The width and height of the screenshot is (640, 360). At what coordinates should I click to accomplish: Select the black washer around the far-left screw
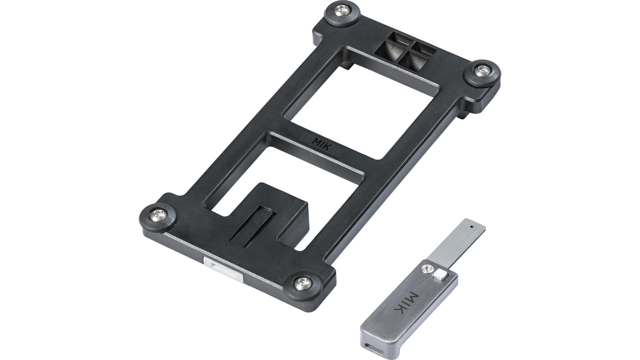tap(149, 220)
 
